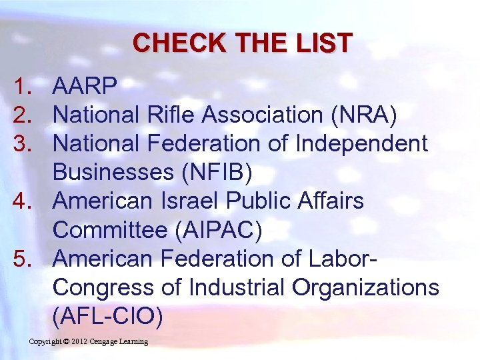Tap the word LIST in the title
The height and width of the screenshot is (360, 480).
tap(324, 43)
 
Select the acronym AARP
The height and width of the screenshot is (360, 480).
tap(85, 85)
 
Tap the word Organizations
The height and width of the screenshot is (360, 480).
tap(366, 288)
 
